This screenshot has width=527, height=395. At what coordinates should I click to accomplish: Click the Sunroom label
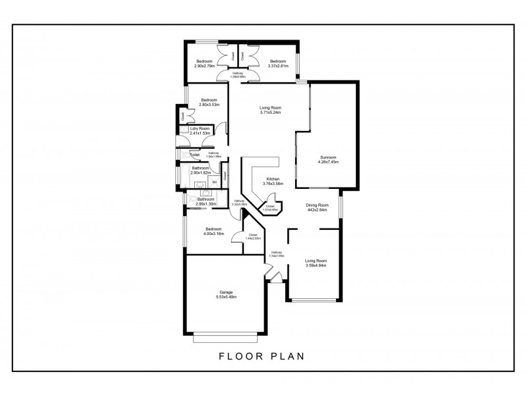coord(328,157)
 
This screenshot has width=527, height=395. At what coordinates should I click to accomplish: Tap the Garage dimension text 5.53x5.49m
coord(226,297)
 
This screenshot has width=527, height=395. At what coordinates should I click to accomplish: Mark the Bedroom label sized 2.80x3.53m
coord(209,100)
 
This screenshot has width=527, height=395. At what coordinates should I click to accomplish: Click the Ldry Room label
coord(200,128)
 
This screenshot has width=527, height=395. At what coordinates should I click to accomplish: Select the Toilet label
coord(194,155)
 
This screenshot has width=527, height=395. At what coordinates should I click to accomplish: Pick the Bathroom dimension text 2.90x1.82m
coord(201,172)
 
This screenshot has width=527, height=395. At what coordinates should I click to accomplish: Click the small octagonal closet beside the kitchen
coord(270,208)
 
